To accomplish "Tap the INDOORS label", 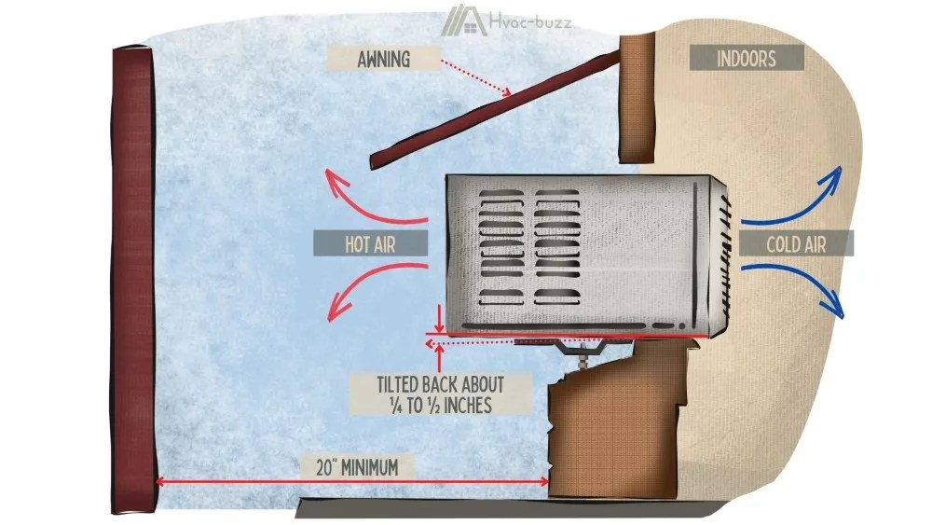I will (x=746, y=59).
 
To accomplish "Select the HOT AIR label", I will (x=370, y=244).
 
